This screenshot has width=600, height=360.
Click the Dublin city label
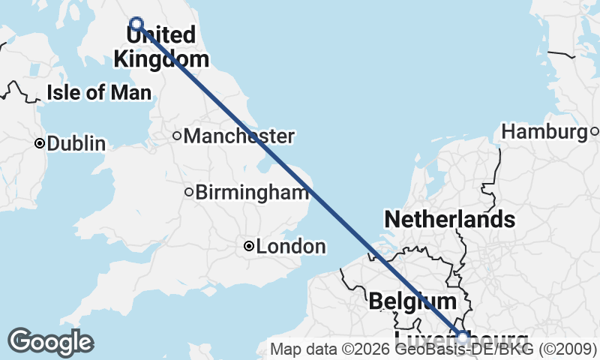(76, 143)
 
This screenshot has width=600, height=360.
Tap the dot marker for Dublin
(40, 142)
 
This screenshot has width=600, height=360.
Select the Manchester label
(238, 136)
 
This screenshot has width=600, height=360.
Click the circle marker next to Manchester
(177, 136)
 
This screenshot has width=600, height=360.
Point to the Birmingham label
(252, 192)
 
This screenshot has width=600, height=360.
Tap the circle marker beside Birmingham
(189, 192)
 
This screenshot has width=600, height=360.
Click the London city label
(291, 246)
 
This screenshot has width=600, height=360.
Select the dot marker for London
(249, 246)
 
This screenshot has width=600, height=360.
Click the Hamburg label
(544, 132)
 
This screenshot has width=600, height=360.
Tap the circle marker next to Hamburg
(594, 132)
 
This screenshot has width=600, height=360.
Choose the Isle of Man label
(99, 93)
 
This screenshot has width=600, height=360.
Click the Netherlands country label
(449, 220)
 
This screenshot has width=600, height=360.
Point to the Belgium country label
(412, 301)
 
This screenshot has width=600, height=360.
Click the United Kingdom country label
(160, 46)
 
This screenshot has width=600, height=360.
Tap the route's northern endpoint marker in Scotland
(136, 23)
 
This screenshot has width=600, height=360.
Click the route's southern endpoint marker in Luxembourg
(463, 337)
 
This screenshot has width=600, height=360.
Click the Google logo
(50, 342)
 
